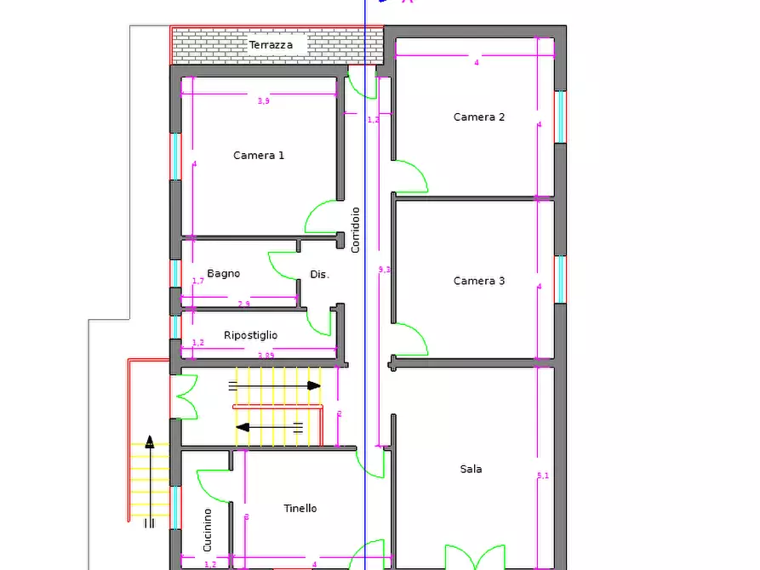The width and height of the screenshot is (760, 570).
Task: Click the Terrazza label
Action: [271, 45]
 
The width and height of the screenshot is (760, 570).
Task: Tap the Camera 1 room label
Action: [259, 156]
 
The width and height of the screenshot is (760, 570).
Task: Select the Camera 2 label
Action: [479, 117]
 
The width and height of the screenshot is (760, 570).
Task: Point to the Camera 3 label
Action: [479, 281]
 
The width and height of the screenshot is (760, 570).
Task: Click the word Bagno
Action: [223, 274]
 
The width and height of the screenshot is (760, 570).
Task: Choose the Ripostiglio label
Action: [250, 335]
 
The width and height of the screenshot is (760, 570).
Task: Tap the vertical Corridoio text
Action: [356, 229]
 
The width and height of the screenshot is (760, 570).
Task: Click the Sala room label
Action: [471, 469]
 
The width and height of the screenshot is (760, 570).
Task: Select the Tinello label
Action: [300, 508]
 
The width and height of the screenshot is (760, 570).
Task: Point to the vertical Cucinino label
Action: [207, 529]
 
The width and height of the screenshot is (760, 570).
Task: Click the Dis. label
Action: [319, 275]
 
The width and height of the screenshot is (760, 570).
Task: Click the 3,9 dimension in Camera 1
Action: [264, 101]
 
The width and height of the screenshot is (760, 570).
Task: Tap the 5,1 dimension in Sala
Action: [543, 476]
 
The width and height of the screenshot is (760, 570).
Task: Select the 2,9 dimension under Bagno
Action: [243, 304]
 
